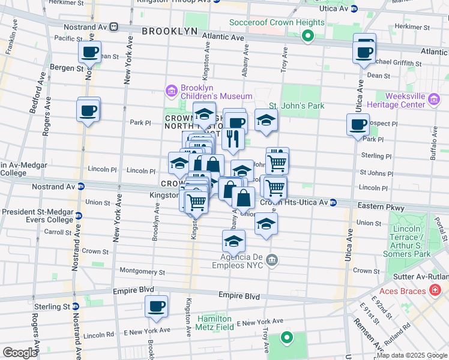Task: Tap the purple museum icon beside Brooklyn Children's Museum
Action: point(171,91)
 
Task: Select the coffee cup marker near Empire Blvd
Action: point(156,307)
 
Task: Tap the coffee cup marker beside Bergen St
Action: point(89,52)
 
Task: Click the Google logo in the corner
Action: point(20,353)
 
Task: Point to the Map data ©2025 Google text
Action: point(411,355)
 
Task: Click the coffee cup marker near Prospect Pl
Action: point(358,125)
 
